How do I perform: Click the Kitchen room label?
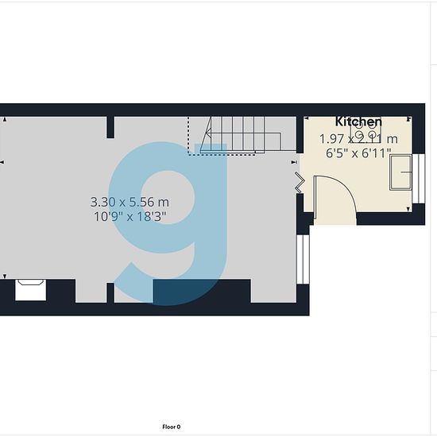(358, 122)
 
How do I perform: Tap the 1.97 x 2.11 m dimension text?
(358, 139)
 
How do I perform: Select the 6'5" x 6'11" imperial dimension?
(358, 153)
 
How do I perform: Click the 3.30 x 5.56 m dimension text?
(130, 202)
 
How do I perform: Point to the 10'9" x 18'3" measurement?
(130, 216)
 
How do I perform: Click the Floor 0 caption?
(172, 427)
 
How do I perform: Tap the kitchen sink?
(400, 172)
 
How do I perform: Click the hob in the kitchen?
(365, 130)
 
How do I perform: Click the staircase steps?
(242, 135)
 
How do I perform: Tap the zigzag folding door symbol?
(300, 182)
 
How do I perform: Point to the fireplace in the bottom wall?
(30, 290)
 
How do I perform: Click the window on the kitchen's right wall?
(419, 178)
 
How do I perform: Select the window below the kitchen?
(303, 259)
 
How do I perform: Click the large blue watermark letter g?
(168, 224)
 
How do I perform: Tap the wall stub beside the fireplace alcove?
(110, 292)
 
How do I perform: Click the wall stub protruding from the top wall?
(110, 127)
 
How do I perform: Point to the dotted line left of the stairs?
(188, 135)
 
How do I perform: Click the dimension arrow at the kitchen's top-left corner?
(307, 118)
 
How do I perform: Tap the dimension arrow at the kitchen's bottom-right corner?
(408, 209)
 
